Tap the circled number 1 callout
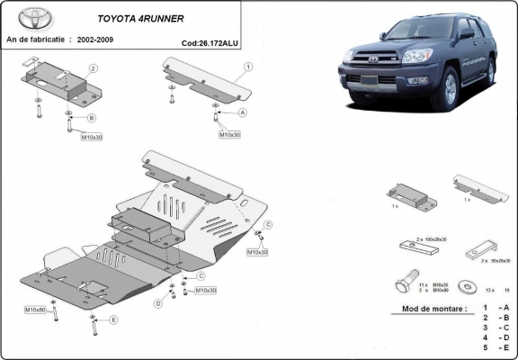247,66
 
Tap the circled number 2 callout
93,68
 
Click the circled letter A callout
243,113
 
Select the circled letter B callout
92,118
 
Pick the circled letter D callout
158,303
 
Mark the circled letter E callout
113,319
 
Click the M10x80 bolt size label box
36,310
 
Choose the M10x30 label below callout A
229,135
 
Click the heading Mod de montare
428,309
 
